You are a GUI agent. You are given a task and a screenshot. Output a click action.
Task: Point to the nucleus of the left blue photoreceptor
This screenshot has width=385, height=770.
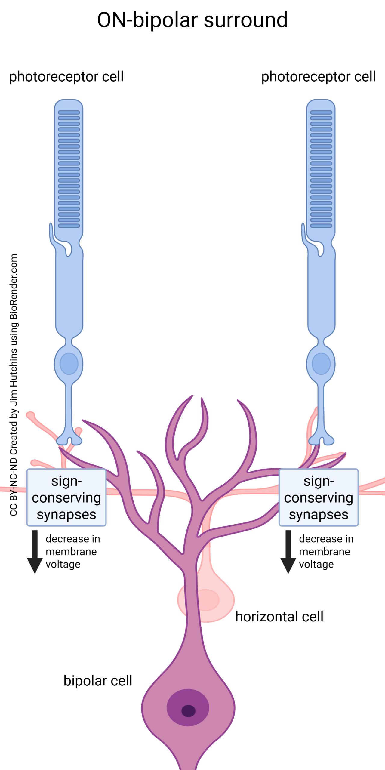[x=69, y=364]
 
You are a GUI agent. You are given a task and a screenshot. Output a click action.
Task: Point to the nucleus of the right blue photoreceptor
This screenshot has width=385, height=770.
[x=321, y=364]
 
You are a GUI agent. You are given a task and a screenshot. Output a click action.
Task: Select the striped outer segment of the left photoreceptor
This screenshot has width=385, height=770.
[x=69, y=168]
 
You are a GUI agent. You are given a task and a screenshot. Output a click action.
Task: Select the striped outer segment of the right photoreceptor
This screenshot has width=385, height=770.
[x=321, y=168]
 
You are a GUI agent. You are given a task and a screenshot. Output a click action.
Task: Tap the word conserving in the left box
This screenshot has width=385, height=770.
[x=66, y=498]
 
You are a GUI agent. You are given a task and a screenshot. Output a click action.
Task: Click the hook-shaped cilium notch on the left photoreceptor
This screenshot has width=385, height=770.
[x=68, y=248]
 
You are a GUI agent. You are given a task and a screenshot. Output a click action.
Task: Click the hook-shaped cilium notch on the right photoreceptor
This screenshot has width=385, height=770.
[x=320, y=248]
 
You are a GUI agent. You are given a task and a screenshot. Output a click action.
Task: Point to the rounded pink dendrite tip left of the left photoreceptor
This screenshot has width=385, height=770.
[x=30, y=415]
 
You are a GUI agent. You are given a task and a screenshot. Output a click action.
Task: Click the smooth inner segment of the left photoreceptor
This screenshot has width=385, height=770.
[x=69, y=295]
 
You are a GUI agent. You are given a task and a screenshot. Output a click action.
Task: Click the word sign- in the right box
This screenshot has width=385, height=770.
[x=319, y=482]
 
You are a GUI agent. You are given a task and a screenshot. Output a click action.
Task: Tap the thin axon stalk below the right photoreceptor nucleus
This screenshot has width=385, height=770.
[x=321, y=406]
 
